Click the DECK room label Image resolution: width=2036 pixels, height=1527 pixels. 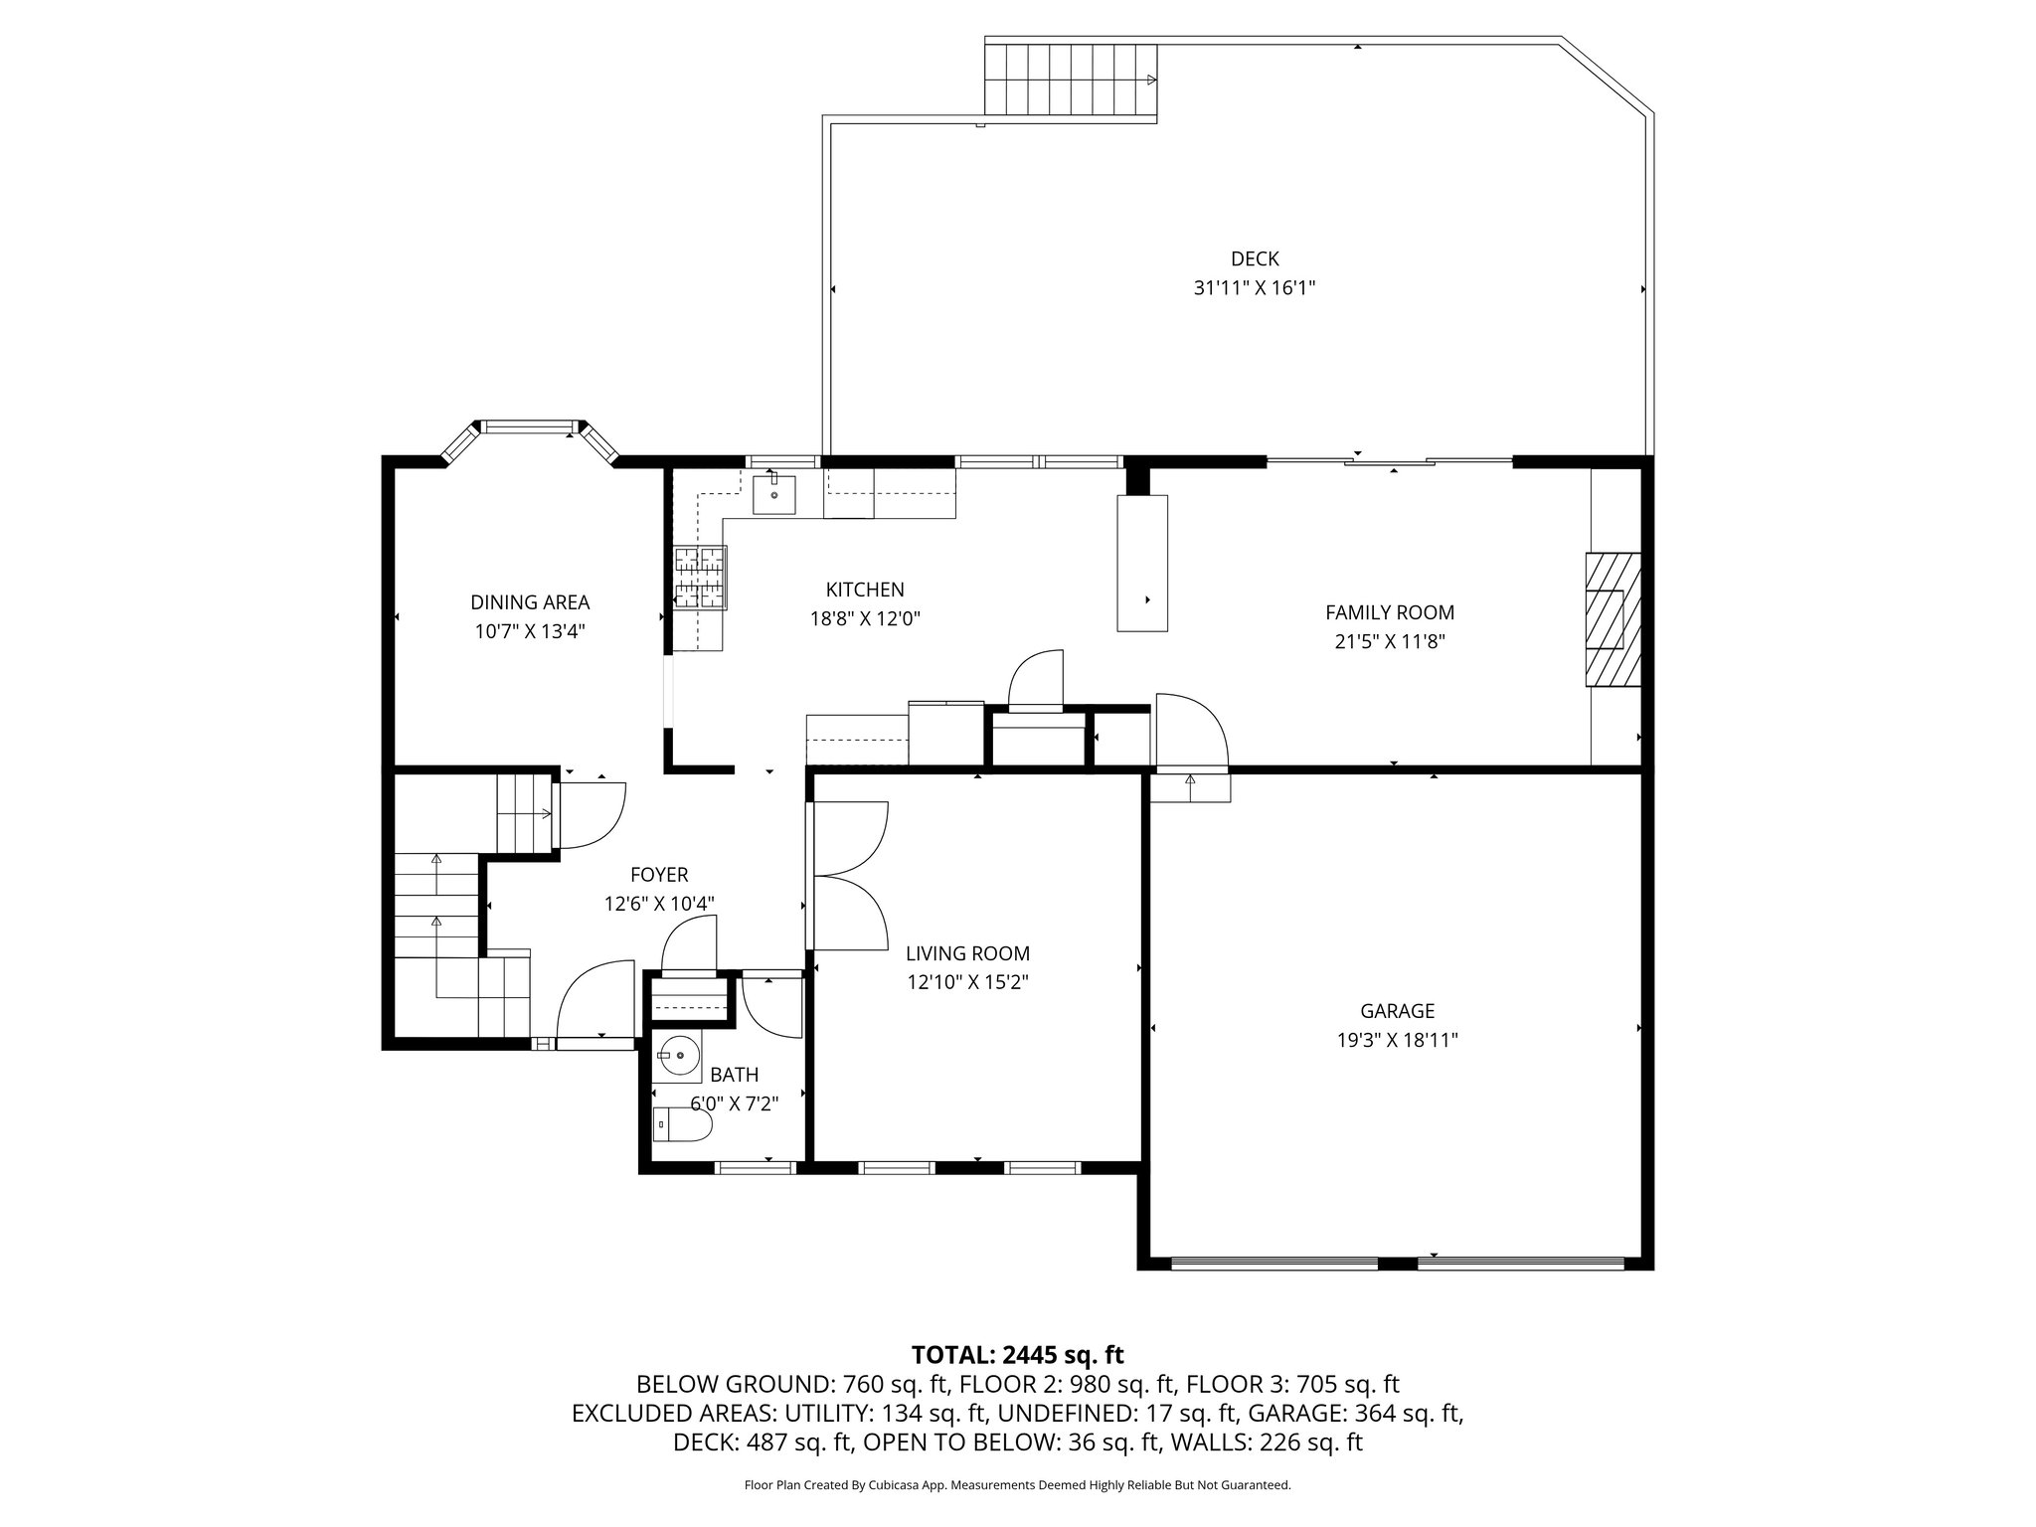1255,259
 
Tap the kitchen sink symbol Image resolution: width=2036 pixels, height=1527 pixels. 774,494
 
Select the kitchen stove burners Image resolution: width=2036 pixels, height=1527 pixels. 701,578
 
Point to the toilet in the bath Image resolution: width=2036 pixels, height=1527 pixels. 683,1124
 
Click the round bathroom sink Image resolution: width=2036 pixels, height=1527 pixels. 680,1057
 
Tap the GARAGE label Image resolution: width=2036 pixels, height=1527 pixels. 1398,1011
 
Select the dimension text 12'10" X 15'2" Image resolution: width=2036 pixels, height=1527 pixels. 967,982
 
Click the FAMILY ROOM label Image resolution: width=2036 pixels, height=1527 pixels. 1390,612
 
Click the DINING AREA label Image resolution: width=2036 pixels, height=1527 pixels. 530,602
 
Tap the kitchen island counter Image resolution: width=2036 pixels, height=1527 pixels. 1142,563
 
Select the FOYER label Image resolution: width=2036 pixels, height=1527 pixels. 659,875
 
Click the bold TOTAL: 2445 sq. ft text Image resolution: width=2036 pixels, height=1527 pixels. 1018,1355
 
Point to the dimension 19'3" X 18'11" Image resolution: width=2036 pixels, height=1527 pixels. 1398,1040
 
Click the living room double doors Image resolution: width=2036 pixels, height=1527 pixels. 847,876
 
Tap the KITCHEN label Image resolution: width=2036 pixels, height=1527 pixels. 865,590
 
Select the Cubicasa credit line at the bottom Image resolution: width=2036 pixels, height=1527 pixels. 1018,1485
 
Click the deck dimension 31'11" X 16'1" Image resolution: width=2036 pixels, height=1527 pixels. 1255,288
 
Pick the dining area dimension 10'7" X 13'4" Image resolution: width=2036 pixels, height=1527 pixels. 530,631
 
